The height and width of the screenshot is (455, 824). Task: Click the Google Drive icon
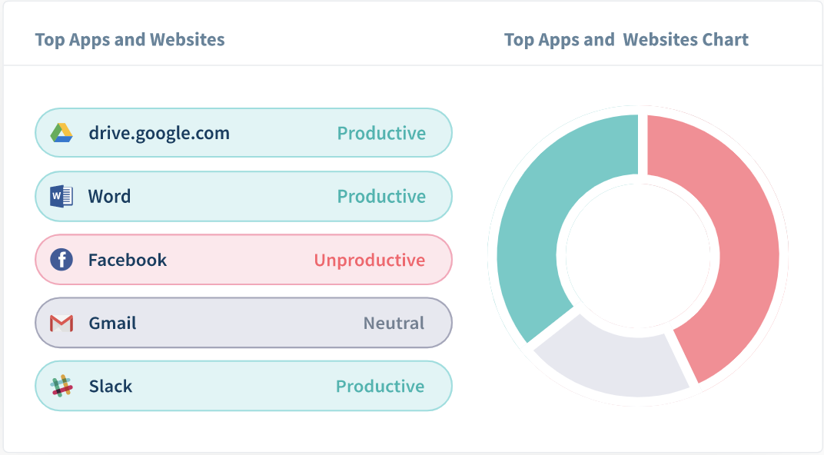point(61,133)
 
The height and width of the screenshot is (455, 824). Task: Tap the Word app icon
point(61,197)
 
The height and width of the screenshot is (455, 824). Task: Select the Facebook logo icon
point(61,260)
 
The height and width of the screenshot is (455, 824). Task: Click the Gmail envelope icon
point(61,323)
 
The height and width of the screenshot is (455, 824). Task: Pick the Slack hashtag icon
point(61,386)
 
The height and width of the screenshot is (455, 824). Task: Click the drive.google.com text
point(159,134)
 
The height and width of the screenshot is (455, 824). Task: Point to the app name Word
point(109,197)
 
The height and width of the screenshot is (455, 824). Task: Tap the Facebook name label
point(127,260)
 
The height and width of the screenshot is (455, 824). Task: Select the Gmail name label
point(112,323)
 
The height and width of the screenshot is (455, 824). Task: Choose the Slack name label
point(111,386)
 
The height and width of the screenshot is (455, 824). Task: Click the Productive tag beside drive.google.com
point(381,134)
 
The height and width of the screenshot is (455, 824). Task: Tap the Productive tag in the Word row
point(381,197)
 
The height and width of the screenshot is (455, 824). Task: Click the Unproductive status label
point(370,260)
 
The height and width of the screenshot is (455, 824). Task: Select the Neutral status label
point(394,323)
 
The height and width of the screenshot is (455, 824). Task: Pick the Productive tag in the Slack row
point(380,386)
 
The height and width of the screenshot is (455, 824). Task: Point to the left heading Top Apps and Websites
point(130,40)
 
